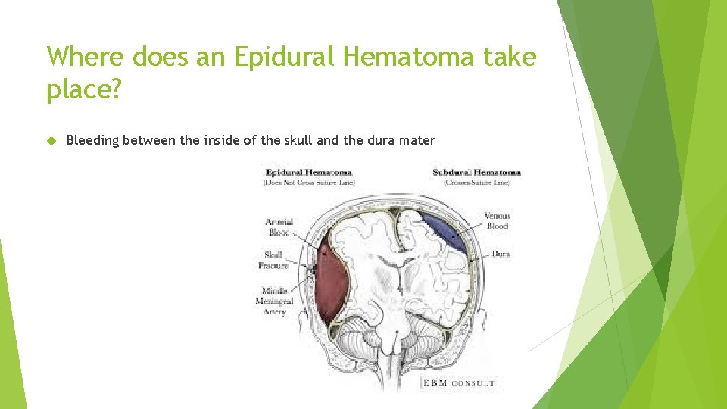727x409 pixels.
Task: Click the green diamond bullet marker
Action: click(51, 140)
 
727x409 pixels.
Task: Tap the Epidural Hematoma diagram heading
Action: click(308, 173)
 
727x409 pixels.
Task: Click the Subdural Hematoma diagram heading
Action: click(476, 173)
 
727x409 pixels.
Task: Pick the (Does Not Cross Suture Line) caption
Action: click(308, 183)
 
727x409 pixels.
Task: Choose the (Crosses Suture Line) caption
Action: click(476, 183)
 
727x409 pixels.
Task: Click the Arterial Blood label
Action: click(279, 227)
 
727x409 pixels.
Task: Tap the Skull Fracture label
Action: click(273, 261)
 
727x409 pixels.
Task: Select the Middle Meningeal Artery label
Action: click(273, 301)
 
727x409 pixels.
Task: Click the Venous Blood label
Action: click(497, 221)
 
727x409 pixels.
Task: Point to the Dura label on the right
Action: click(501, 254)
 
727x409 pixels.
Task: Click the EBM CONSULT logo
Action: click(459, 383)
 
